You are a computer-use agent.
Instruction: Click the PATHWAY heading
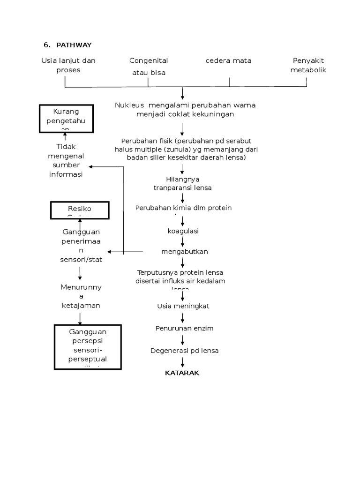[x=74, y=45]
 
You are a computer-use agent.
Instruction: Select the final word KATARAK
[x=182, y=373]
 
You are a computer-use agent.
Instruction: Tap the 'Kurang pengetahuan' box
[x=66, y=119]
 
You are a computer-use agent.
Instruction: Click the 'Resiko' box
[x=80, y=210]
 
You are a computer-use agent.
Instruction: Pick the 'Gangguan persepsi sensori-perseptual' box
[x=88, y=346]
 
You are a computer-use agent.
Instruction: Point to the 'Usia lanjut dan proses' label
[x=68, y=65]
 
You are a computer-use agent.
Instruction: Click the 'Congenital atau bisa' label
[x=149, y=67]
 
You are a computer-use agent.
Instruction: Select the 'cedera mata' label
[x=228, y=60]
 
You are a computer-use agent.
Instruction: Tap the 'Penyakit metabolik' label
[x=308, y=65]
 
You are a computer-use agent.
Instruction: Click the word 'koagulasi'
[x=183, y=231]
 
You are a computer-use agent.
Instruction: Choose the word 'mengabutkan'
[x=184, y=252]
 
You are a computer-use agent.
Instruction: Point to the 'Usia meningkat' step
[x=183, y=306]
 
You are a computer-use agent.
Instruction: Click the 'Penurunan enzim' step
[x=184, y=328]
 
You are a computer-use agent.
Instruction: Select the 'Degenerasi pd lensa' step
[x=184, y=351]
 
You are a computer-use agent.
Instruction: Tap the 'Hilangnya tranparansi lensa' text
[x=183, y=183]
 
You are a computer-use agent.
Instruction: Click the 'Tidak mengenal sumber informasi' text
[x=66, y=161]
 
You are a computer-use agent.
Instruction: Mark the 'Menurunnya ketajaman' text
[x=80, y=296]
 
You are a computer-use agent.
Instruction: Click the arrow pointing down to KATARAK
[x=182, y=362]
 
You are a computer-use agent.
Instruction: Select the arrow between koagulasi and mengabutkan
[x=182, y=241]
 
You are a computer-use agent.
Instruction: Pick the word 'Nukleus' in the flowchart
[x=127, y=105]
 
